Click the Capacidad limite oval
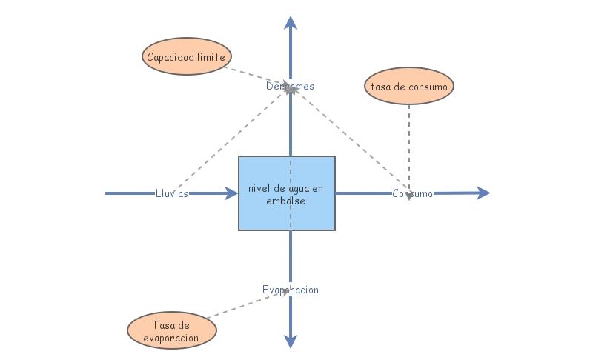click(186, 57)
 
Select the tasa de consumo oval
click(409, 87)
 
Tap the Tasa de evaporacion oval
click(173, 331)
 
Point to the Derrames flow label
click(290, 86)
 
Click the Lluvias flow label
click(172, 193)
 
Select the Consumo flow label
click(412, 193)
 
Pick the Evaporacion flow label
click(290, 290)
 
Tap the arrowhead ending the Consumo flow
click(483, 193)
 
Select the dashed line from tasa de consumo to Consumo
click(409, 144)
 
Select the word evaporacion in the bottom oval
click(173, 338)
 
